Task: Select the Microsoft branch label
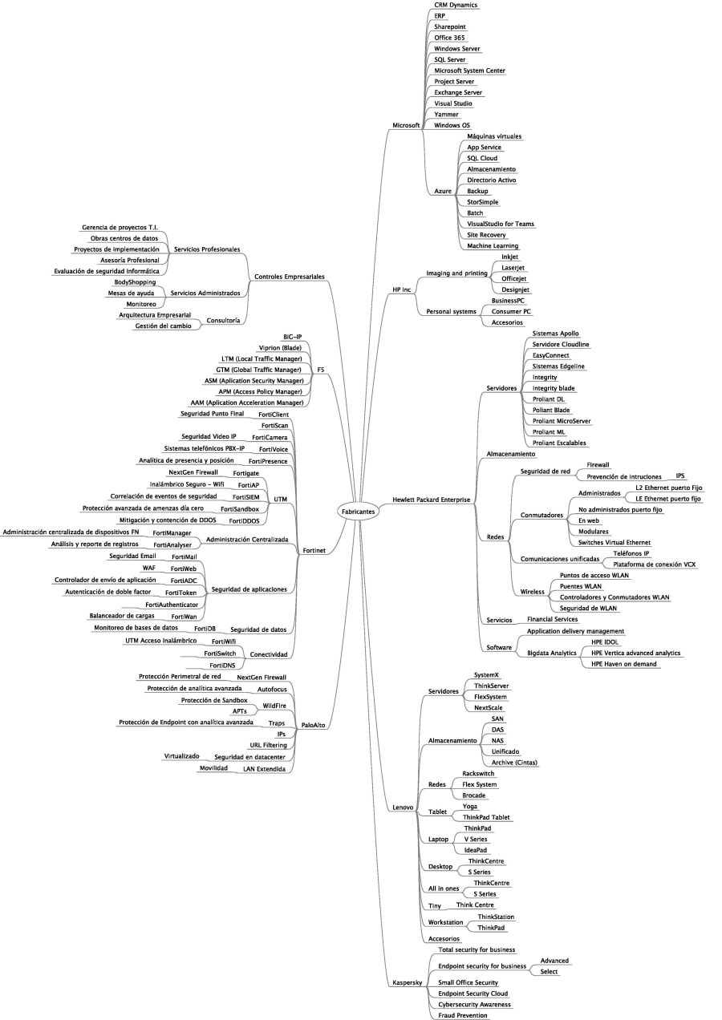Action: (406, 126)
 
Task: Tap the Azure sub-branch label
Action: (443, 191)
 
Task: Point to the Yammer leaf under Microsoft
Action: (446, 115)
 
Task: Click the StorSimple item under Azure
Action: (482, 202)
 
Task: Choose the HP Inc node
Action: (401, 289)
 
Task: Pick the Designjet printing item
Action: (516, 289)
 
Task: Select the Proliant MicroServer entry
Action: (562, 421)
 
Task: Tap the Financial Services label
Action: (552, 619)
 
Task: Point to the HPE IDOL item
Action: (605, 642)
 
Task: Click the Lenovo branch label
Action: (403, 807)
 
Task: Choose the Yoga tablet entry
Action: (471, 806)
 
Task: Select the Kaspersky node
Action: (408, 982)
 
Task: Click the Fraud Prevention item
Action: (462, 1015)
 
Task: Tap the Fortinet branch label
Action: (314, 551)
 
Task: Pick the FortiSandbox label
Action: (240, 508)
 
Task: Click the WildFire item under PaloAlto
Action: (274, 706)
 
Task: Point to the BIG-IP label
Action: (292, 337)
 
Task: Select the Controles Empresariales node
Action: (289, 277)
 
